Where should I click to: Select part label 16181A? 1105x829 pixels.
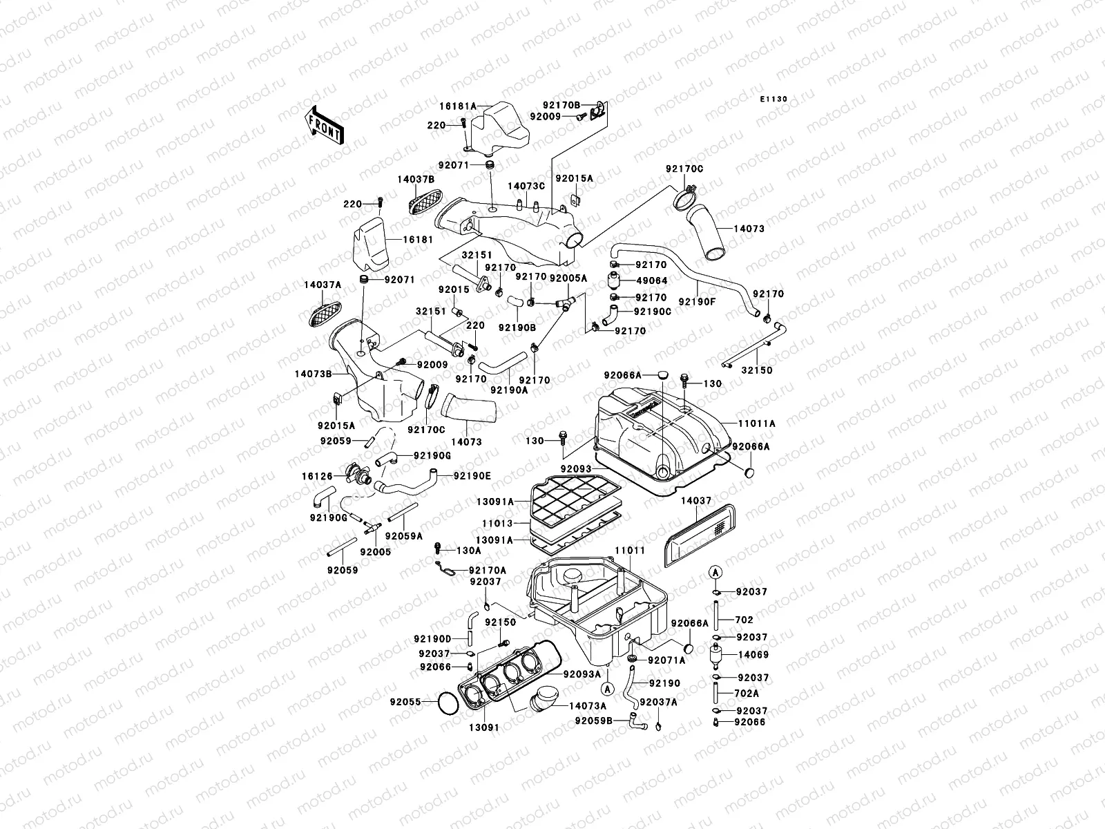coord(458,106)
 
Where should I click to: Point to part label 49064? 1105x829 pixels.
coord(651,281)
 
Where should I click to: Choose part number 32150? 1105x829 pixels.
coord(757,370)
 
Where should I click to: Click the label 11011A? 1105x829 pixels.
coord(758,423)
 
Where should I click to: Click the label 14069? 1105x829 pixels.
coord(753,654)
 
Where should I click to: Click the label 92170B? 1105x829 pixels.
coord(561,106)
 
